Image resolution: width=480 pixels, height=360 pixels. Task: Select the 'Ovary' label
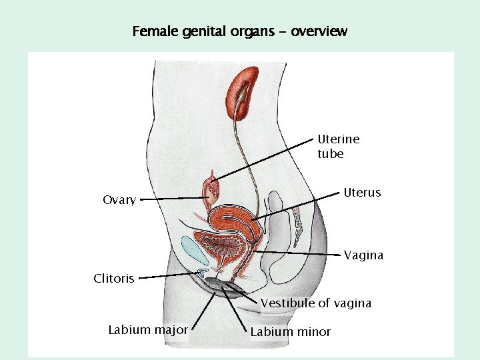[119, 200]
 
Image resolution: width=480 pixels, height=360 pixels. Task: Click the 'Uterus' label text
[362, 193]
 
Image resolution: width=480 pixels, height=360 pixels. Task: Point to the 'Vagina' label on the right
[363, 255]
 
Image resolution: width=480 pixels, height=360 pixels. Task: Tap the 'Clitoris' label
[113, 279]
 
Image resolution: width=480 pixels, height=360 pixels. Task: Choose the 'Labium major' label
[148, 329]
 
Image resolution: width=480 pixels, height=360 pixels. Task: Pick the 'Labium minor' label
[290, 332]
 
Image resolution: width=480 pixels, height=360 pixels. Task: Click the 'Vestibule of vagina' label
[315, 303]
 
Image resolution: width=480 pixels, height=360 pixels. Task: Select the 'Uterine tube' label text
[338, 146]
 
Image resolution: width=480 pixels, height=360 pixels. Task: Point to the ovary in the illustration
[213, 191]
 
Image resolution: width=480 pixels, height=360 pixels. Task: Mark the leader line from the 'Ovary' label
[173, 199]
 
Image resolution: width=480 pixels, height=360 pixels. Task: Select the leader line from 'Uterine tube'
[263, 160]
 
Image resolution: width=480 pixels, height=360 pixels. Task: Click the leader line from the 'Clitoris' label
[170, 275]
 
